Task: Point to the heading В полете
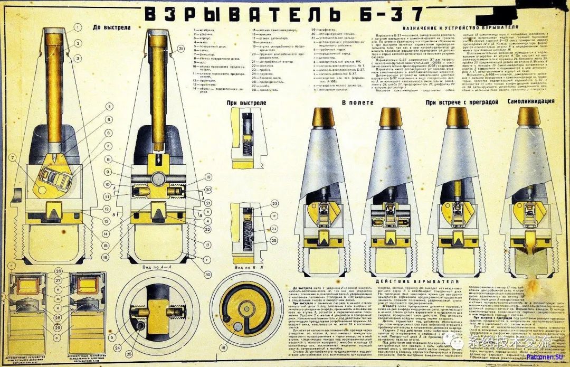click(354, 102)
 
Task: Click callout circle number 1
click(78, 26)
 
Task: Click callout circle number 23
click(274, 203)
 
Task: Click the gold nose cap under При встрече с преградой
click(457, 117)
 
